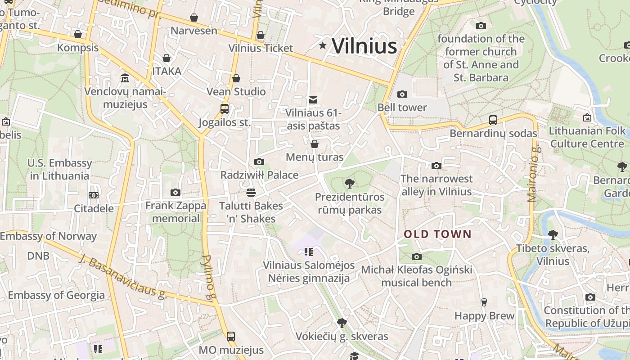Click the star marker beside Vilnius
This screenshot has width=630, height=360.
[323, 45]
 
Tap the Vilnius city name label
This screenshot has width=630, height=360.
[364, 46]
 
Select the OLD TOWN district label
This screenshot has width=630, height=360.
[437, 234]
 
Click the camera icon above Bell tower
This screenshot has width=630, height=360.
[402, 94]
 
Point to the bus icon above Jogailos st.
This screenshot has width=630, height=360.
[224, 108]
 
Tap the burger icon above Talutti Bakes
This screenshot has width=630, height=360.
[251, 193]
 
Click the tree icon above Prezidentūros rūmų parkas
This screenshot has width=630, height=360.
[349, 183]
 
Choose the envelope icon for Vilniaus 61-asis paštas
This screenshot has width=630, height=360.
[313, 99]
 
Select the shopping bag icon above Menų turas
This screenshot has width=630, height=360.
[315, 144]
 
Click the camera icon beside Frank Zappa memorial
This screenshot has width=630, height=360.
[175, 193]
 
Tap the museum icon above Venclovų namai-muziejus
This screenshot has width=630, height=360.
[125, 78]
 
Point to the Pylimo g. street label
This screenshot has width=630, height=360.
[207, 277]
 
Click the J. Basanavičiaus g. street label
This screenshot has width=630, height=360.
[122, 276]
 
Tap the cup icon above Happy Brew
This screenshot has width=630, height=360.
[484, 302]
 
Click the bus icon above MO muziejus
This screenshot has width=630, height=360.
[231, 336]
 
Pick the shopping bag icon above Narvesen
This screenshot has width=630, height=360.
[194, 18]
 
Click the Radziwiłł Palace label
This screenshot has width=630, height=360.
[259, 175]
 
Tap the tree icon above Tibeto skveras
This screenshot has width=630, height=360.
[553, 234]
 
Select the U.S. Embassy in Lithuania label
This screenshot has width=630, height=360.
[59, 169]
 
